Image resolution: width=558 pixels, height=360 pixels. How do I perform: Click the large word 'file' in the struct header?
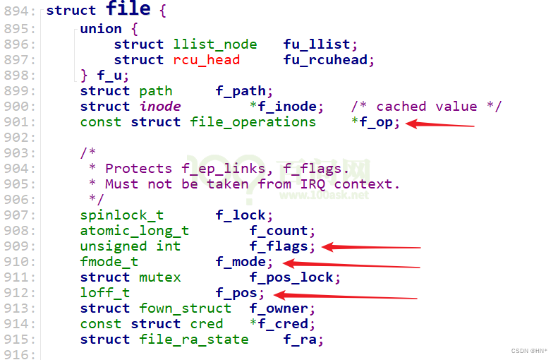click(128, 10)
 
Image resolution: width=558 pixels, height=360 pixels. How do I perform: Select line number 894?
click(21, 11)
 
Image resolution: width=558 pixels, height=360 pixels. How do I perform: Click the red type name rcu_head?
click(207, 60)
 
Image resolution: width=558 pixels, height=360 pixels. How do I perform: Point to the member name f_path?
click(241, 91)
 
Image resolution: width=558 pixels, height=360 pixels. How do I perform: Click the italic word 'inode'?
click(160, 107)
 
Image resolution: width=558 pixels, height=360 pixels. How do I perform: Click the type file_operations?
click(253, 122)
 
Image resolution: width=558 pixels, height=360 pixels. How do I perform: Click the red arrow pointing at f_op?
click(441, 125)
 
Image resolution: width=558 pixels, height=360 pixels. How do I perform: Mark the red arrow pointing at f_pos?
click(345, 295)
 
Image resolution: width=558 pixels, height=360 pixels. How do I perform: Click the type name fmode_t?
click(109, 262)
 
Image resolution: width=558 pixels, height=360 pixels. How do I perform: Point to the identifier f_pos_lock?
click(295, 277)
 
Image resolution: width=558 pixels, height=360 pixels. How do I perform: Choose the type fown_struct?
click(186, 308)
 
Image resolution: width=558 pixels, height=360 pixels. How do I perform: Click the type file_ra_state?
click(194, 340)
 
